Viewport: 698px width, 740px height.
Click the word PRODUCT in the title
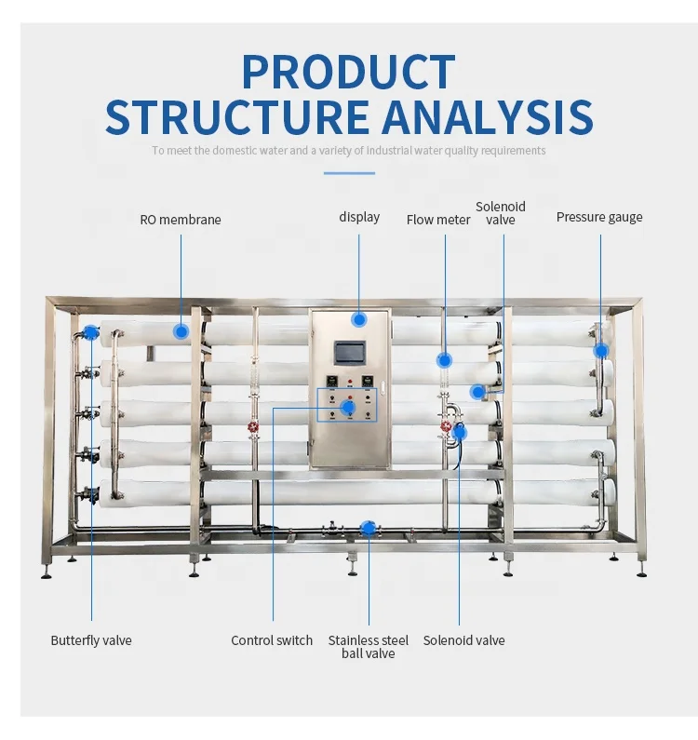pyautogui.click(x=348, y=73)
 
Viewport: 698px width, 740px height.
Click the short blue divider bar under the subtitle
pyautogui.click(x=349, y=173)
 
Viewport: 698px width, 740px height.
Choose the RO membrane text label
pyautogui.click(x=181, y=221)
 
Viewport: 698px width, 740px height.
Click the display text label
pyautogui.click(x=359, y=217)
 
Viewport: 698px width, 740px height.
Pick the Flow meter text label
pyautogui.click(x=438, y=221)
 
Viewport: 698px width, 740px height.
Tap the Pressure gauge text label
pyautogui.click(x=599, y=217)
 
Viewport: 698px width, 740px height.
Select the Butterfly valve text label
pyautogui.click(x=91, y=640)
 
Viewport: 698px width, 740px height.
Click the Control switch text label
pyautogui.click(x=272, y=640)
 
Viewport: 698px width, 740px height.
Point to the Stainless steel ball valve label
pyautogui.click(x=368, y=647)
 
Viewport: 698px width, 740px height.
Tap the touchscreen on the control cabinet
pyautogui.click(x=351, y=353)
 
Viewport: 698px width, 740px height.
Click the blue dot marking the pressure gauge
pyautogui.click(x=601, y=351)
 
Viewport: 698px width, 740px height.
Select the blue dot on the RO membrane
pyautogui.click(x=181, y=330)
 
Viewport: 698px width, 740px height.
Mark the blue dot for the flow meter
pyautogui.click(x=445, y=359)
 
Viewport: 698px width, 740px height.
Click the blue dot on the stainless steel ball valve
pyautogui.click(x=368, y=529)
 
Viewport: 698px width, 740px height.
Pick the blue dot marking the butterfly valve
pyautogui.click(x=91, y=332)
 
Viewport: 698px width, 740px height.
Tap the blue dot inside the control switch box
pyautogui.click(x=348, y=407)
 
